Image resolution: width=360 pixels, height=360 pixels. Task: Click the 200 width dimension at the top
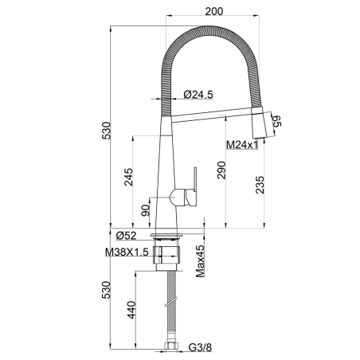tap(214, 11)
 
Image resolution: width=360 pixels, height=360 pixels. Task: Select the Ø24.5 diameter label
tap(198, 94)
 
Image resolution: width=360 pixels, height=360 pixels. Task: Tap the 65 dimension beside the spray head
tap(276, 121)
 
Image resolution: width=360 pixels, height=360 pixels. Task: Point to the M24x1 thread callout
tap(242, 145)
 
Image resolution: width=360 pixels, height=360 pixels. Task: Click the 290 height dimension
tap(221, 170)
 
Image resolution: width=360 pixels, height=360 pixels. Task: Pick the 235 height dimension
tap(260, 185)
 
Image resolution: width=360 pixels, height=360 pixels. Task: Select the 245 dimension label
tap(128, 177)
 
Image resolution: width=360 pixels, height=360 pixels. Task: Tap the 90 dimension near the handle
tap(146, 210)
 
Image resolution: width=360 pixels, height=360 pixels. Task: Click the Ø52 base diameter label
tap(127, 235)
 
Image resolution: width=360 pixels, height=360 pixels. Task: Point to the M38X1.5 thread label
tap(127, 252)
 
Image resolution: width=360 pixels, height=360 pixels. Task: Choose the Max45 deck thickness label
tap(201, 261)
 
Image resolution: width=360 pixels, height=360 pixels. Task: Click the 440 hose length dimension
tap(131, 310)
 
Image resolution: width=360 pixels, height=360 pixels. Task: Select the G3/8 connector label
tap(201, 347)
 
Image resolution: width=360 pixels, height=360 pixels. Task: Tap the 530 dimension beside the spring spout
tap(106, 131)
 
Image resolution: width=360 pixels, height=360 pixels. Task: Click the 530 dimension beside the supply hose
tap(106, 290)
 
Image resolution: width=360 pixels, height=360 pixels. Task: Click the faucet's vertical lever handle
tap(195, 180)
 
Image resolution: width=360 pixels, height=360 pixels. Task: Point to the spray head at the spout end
tap(258, 123)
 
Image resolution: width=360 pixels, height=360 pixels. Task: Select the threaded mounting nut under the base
tap(166, 255)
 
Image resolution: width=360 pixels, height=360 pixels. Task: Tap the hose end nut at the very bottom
tap(171, 346)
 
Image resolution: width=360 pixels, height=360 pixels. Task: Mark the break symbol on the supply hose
tap(171, 302)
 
